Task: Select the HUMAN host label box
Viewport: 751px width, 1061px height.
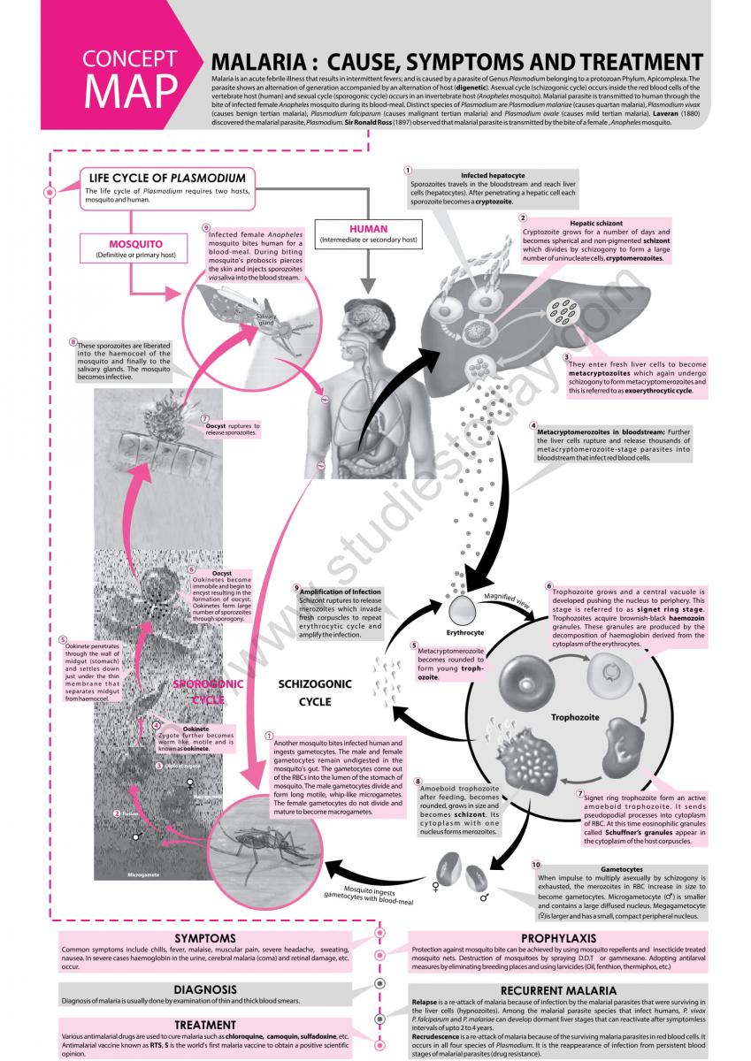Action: (368, 233)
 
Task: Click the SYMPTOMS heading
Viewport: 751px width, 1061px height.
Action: (204, 938)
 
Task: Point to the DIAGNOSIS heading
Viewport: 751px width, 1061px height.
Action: (204, 989)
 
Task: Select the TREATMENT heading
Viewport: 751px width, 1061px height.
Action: (204, 1025)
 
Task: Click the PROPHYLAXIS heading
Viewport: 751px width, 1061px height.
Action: (556, 938)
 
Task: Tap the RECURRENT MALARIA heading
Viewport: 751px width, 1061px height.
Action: (556, 991)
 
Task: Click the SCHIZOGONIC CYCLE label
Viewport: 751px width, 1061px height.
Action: (315, 692)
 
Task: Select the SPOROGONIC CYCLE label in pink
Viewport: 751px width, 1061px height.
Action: (209, 691)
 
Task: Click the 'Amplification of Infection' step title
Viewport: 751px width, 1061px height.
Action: (341, 591)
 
